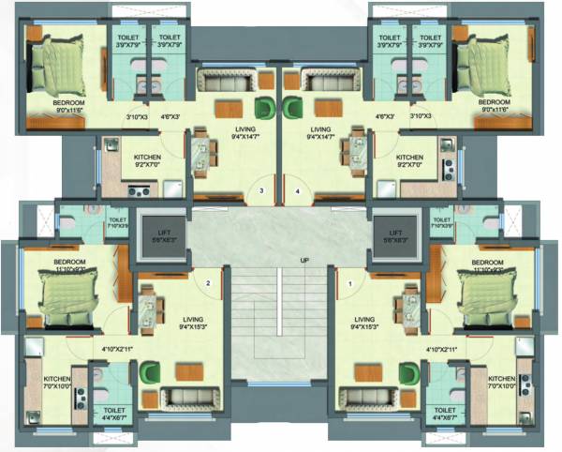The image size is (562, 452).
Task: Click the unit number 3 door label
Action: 262,191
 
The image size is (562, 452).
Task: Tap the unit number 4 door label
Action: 299,191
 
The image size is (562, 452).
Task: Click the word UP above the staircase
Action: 304,260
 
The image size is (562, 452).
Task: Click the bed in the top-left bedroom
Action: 55,63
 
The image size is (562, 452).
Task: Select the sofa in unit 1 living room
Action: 363,397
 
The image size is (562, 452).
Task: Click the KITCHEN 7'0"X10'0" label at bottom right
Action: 504,383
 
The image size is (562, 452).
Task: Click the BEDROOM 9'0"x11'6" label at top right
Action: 494,105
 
